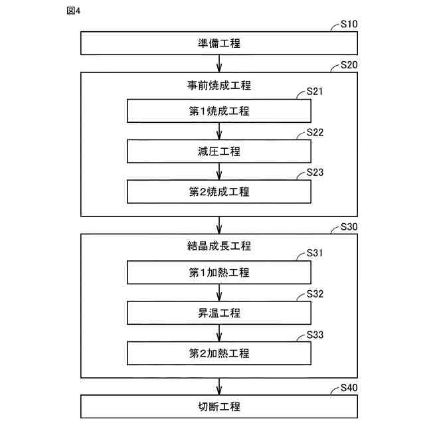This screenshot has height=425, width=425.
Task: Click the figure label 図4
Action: tap(74, 11)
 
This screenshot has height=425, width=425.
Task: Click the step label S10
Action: tap(349, 24)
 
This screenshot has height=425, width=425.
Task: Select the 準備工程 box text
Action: tap(219, 43)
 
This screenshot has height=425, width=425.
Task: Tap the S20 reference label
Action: tap(349, 65)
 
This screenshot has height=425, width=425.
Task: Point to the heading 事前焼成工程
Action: tap(219, 86)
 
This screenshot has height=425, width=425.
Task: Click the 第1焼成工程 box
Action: tap(219, 111)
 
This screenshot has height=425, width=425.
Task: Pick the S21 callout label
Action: tap(315, 92)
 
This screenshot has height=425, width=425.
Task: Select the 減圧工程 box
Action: tap(219, 151)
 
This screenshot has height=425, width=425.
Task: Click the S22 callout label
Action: tap(315, 132)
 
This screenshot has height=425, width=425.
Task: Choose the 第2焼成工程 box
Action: tap(219, 192)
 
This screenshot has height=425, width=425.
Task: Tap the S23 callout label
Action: tap(315, 173)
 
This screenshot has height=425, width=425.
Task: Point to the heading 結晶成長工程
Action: tap(219, 246)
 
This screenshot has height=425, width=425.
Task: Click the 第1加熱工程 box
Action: tap(219, 272)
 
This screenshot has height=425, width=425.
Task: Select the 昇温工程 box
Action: tap(219, 313)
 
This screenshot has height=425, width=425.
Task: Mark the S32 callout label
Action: tap(315, 294)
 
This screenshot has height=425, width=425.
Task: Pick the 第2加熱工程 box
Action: tap(219, 353)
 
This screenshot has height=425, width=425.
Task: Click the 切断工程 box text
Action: tap(219, 406)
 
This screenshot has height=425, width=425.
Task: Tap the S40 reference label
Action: tap(349, 388)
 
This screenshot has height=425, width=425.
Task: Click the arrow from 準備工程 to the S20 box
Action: tap(219, 64)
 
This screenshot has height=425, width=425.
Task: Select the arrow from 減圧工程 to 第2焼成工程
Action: tap(219, 171)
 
